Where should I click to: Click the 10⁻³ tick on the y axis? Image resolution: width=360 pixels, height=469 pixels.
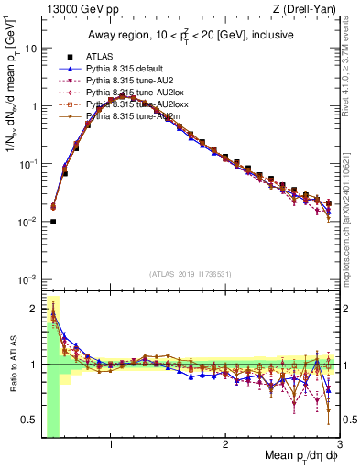point(27,278)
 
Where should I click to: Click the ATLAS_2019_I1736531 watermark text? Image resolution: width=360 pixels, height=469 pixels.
point(191,274)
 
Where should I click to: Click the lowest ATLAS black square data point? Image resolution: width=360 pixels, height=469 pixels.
point(53,222)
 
